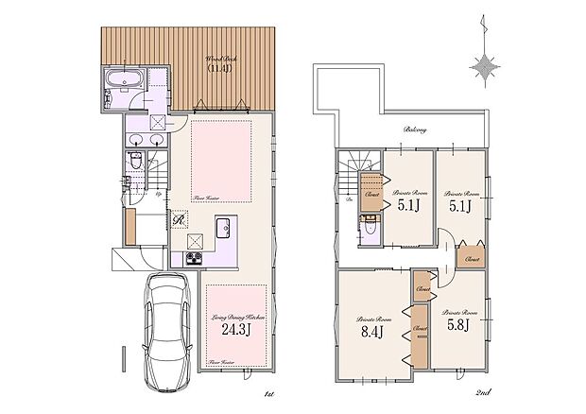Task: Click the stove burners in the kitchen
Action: click(192, 259)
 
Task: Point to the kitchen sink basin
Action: click(224, 228)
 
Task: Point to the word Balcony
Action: click(415, 129)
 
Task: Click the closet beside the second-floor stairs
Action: click(371, 195)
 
